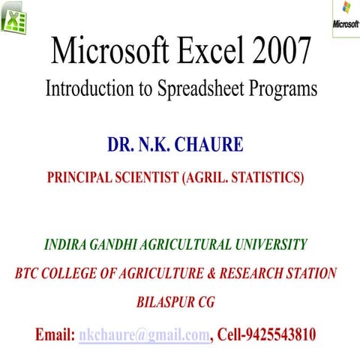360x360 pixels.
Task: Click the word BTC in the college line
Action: click(28, 273)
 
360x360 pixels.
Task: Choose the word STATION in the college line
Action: click(310, 273)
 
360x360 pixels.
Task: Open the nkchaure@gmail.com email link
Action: click(143, 334)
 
